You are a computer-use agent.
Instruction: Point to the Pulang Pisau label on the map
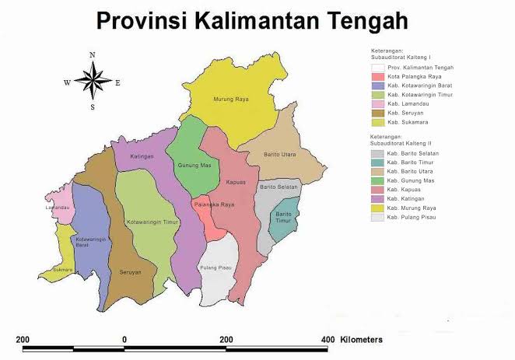[216, 266]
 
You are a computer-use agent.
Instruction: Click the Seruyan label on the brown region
[131, 272]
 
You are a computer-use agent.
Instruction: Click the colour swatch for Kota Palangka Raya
[377, 77]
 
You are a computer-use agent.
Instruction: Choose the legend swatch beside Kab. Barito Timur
[377, 163]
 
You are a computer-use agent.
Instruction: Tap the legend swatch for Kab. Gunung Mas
[377, 180]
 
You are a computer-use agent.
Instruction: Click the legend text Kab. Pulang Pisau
[412, 217]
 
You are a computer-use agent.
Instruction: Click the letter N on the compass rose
[92, 54]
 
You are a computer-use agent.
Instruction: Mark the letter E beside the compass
[117, 82]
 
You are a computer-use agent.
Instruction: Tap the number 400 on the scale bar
[328, 340]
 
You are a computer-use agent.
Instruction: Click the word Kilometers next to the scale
[360, 340]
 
